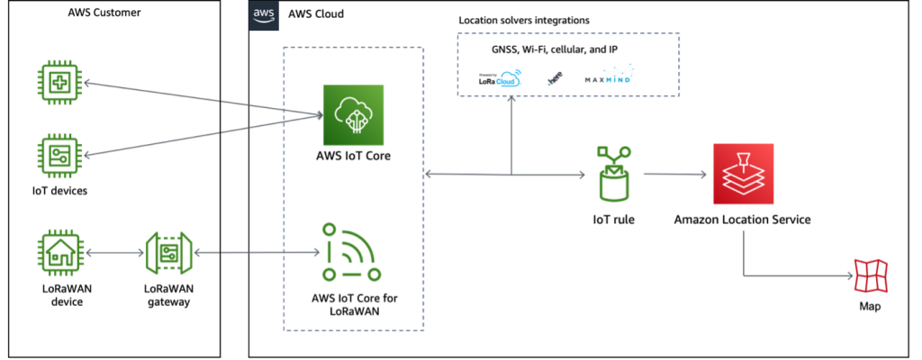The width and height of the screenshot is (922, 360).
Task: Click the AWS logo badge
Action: (264, 15)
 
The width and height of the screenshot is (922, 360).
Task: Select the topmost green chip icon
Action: (59, 84)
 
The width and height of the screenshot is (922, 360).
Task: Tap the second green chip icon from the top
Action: (59, 157)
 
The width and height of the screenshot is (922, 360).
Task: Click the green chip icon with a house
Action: (59, 253)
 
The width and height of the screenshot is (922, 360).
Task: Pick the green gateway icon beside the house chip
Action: (169, 253)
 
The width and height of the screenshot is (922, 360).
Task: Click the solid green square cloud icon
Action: (353, 115)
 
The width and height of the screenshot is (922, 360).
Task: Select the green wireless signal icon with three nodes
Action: (351, 253)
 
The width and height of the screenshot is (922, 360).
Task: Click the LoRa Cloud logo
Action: (501, 78)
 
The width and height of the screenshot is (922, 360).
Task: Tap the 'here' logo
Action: (555, 79)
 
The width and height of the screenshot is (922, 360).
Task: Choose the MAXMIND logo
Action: (610, 75)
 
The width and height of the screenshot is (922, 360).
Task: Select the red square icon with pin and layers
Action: (743, 174)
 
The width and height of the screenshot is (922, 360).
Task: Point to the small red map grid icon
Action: (871, 275)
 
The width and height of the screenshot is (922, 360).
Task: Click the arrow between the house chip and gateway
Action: (114, 253)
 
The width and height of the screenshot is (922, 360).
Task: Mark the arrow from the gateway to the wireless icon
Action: (257, 253)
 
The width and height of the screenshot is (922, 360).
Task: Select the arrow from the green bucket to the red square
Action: (675, 175)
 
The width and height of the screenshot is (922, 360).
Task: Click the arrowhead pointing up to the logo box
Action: (511, 98)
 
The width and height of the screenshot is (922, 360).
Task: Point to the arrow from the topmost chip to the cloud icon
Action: (203, 99)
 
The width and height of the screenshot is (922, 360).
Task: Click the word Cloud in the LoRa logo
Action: (510, 80)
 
